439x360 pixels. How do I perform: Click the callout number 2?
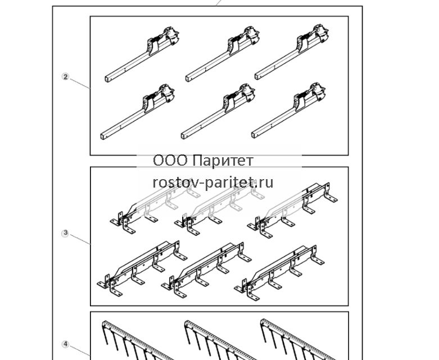point(65,76)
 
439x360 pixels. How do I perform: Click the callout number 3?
point(65,233)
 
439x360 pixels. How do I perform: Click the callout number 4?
point(65,344)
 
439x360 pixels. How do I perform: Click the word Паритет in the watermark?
point(223,161)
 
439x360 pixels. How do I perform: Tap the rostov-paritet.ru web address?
point(213,183)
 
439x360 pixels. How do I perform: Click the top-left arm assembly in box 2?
point(142,54)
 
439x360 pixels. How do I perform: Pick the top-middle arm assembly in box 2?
point(223,54)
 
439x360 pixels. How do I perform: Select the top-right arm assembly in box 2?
point(292,52)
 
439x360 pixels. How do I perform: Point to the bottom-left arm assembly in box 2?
point(138,112)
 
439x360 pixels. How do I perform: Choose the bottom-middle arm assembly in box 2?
point(218,111)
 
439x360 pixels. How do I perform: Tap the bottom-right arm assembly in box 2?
point(289,110)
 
